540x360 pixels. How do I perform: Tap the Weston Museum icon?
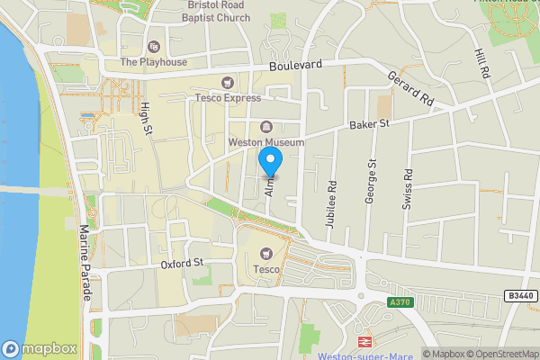click(x=266, y=126)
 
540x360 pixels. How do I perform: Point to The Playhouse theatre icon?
click(x=153, y=47)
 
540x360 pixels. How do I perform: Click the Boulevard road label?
click(x=294, y=66)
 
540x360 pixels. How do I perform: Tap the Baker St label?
click(x=369, y=123)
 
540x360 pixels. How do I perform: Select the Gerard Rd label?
click(x=412, y=90)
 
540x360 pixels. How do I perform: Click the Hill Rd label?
click(x=483, y=63)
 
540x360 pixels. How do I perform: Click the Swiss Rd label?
click(x=408, y=189)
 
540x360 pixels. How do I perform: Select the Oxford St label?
click(x=184, y=263)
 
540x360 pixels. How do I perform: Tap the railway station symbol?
click(x=366, y=341)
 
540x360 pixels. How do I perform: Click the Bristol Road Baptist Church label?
click(x=219, y=11)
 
